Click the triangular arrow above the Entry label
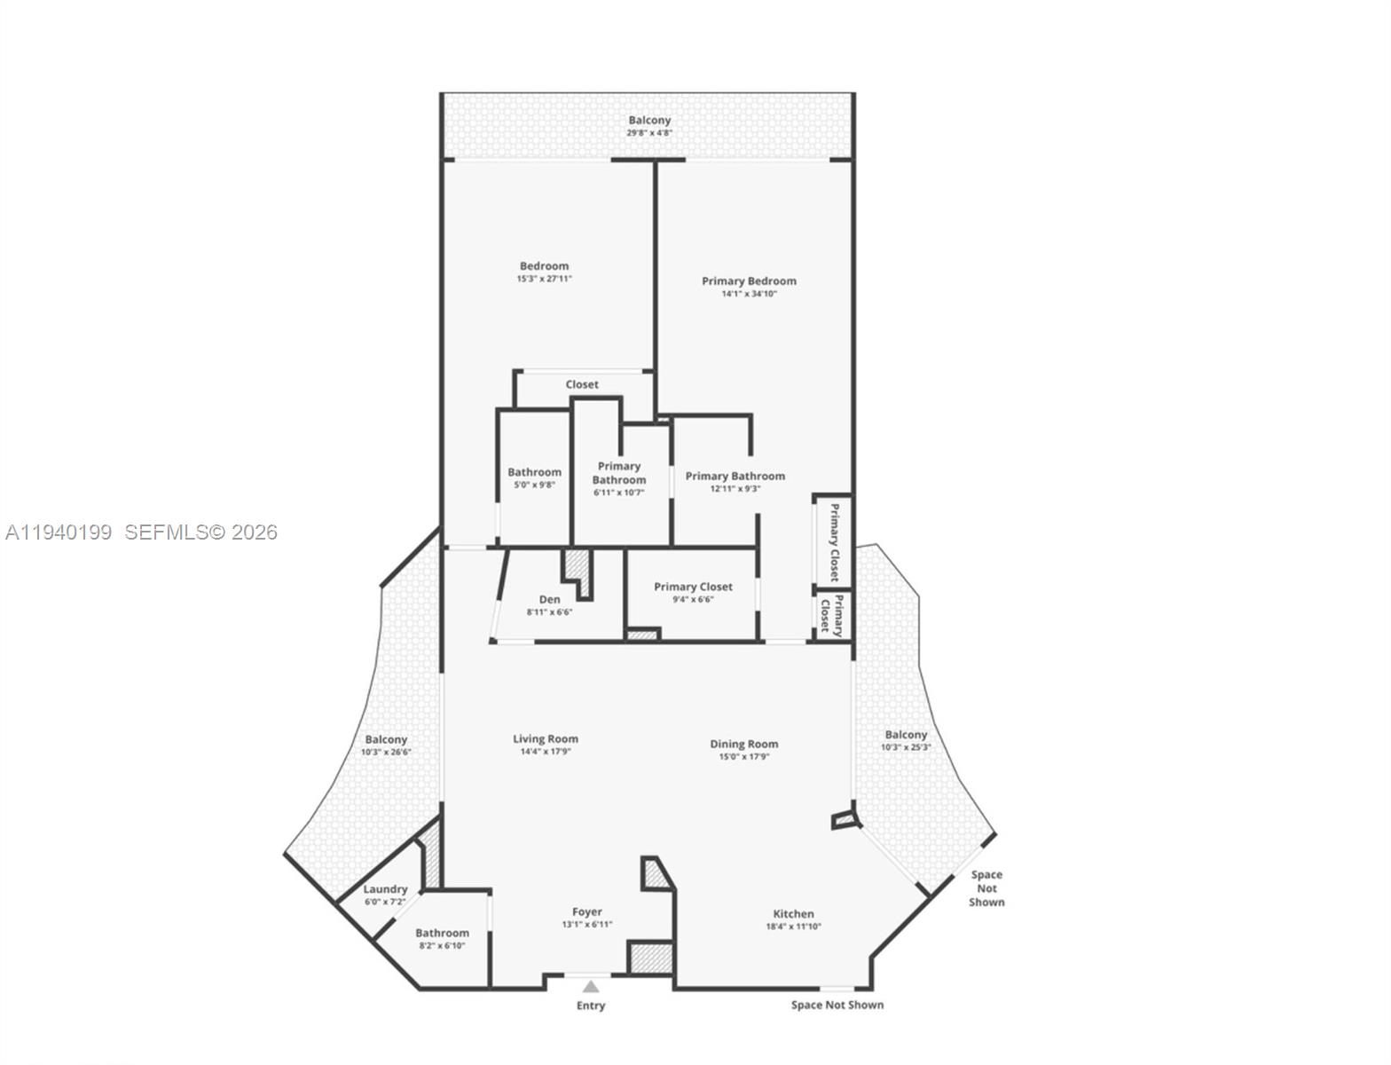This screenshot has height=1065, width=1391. pyautogui.click(x=591, y=986)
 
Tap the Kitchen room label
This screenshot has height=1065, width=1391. pyautogui.click(x=793, y=913)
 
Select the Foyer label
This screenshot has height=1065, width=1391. pyautogui.click(x=587, y=911)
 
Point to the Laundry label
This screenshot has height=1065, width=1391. pyautogui.click(x=385, y=888)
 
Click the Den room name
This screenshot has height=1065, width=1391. pyautogui.click(x=549, y=599)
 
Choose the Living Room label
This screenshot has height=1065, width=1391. pyautogui.click(x=546, y=738)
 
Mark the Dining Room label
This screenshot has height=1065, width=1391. pyautogui.click(x=743, y=744)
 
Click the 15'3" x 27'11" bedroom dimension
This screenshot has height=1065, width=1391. pyautogui.click(x=545, y=279)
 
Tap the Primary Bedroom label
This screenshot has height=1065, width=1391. pyautogui.click(x=749, y=280)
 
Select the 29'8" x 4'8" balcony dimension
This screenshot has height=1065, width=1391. pyautogui.click(x=649, y=133)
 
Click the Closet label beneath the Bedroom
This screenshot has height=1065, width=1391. pyautogui.click(x=582, y=384)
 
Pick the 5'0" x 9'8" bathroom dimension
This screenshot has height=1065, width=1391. pyautogui.click(x=534, y=485)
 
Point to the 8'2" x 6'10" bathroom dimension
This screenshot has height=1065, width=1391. pyautogui.click(x=442, y=945)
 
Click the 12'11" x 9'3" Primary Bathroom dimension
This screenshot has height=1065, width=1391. pyautogui.click(x=735, y=488)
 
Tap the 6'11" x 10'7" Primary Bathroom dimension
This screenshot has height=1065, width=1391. pyautogui.click(x=619, y=493)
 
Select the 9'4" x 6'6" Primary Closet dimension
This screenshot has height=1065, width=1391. pyautogui.click(x=693, y=599)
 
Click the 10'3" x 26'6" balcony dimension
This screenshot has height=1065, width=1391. pyautogui.click(x=386, y=752)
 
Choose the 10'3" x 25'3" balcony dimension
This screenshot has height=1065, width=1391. pyautogui.click(x=906, y=747)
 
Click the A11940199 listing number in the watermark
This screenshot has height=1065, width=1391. pyautogui.click(x=59, y=532)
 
